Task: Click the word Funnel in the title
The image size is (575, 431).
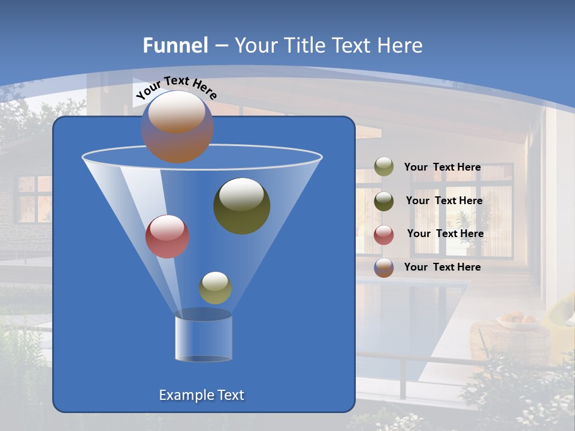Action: tap(175, 45)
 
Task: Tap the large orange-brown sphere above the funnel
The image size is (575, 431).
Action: tap(177, 126)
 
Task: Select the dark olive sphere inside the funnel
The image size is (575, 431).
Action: tap(241, 205)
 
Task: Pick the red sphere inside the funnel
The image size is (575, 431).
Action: tap(167, 236)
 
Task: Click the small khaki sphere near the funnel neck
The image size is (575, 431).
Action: tap(215, 288)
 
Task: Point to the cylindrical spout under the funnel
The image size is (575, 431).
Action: tap(204, 338)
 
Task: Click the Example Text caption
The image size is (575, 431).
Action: tap(201, 395)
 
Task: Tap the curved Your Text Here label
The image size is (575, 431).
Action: tap(176, 87)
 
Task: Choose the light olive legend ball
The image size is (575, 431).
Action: tap(384, 167)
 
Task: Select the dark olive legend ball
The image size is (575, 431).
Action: tap(384, 201)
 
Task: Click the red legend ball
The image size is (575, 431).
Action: tap(384, 235)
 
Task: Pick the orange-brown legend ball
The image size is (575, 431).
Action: tap(384, 268)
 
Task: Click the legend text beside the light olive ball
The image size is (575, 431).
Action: tap(442, 168)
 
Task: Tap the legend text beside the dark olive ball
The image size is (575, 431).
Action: tap(444, 201)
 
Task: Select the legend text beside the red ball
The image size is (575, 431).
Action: tap(445, 234)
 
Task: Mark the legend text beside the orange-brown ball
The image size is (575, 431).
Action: tap(442, 267)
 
